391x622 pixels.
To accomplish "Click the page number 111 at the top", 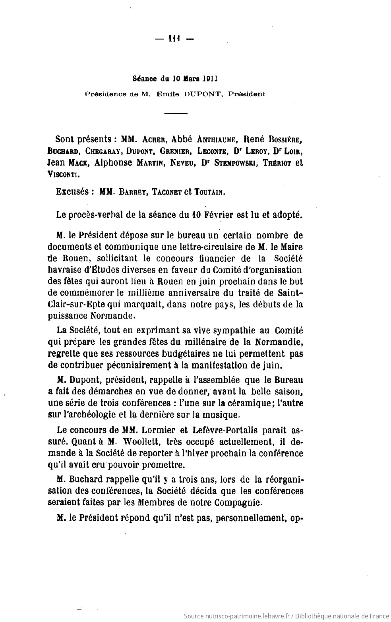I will tap(174, 39).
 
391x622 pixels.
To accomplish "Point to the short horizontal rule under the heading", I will tap(176, 114).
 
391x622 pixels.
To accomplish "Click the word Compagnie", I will tap(238, 502).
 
